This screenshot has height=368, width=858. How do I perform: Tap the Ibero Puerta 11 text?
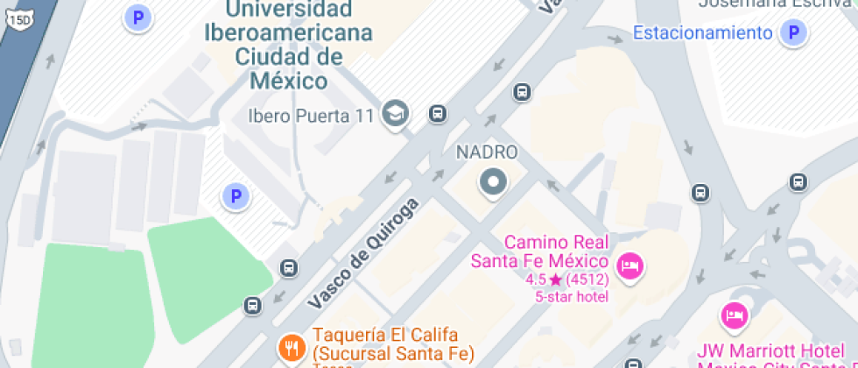(311, 116)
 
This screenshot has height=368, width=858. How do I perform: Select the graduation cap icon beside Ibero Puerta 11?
(397, 113)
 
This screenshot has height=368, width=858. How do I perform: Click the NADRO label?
(487, 152)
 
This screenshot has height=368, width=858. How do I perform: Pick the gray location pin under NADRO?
(492, 183)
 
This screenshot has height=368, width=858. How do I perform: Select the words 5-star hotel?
(572, 297)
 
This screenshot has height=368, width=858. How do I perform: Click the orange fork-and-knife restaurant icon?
(291, 348)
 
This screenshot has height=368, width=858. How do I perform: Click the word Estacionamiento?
(702, 33)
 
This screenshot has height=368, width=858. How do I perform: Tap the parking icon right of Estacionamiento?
(793, 33)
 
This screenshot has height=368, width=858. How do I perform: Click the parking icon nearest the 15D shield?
(137, 17)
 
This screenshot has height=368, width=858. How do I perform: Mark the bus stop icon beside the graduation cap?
(438, 113)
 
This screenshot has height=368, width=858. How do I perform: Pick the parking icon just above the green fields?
(235, 196)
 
